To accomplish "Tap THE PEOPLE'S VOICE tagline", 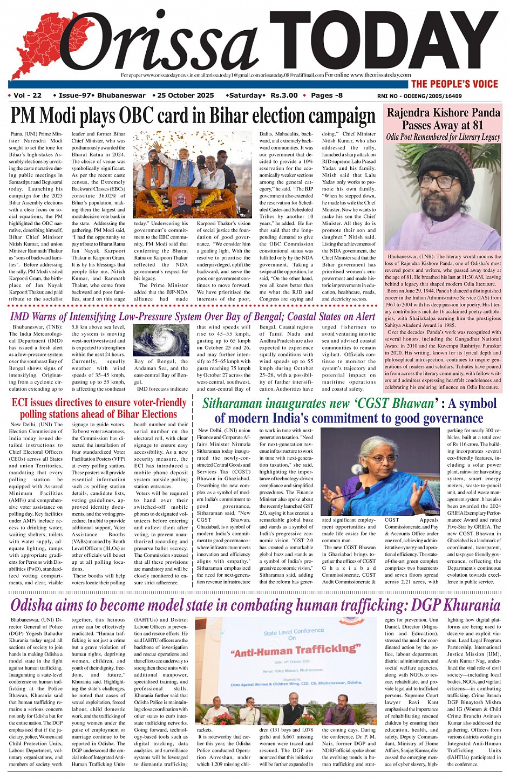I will tap(454, 84).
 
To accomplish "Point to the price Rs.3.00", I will tap(284, 95).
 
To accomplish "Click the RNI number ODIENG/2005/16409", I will tap(419, 96).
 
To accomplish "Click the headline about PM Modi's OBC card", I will tap(193, 117).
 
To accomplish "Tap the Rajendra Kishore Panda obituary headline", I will tap(443, 119).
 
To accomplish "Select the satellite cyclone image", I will tap(160, 340).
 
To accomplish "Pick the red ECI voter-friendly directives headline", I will tap(99, 408).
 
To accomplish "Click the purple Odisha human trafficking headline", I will tap(255, 605).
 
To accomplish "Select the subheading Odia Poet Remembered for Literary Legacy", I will tap(443, 137).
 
